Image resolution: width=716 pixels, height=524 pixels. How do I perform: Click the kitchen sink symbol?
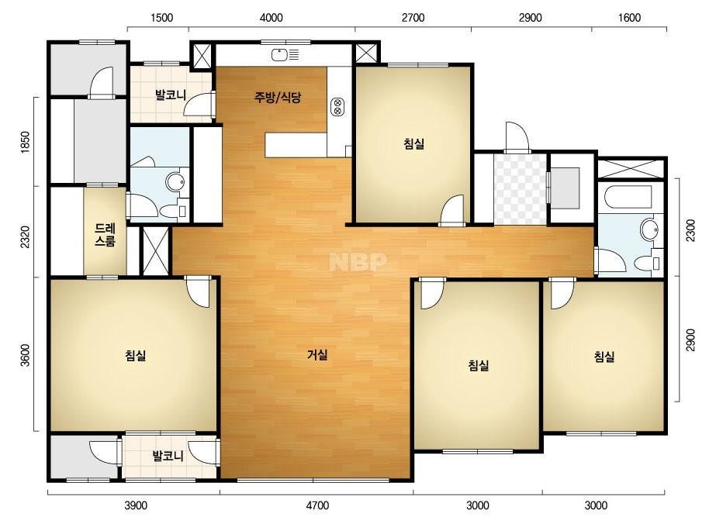tap(285, 55)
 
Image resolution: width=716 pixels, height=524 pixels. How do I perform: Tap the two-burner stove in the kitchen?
tap(338, 106)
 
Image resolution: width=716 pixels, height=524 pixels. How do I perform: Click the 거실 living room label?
tap(317, 355)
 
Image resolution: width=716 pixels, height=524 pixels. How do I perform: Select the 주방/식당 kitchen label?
tap(278, 97)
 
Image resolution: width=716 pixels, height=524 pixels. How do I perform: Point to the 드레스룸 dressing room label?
tap(105, 235)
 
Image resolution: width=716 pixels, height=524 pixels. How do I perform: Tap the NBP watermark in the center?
tap(358, 261)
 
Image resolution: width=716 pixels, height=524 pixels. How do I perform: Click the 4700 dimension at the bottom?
tap(317, 505)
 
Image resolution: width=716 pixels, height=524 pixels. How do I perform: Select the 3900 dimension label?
tap(136, 505)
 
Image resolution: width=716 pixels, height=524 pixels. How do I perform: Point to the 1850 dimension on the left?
tap(26, 143)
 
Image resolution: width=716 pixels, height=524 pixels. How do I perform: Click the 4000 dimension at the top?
tap(272, 18)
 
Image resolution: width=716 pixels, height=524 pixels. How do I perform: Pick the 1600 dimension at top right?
tap(629, 18)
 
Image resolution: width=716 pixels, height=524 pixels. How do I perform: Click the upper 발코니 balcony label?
tap(171, 95)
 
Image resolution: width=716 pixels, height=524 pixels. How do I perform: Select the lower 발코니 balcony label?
tap(168, 456)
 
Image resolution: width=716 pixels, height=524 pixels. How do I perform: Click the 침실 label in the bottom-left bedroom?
tap(136, 355)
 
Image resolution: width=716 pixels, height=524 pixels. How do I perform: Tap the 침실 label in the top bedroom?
tap(414, 143)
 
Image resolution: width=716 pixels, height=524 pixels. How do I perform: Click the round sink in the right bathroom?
tap(649, 229)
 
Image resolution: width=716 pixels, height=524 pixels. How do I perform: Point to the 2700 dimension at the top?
tap(413, 18)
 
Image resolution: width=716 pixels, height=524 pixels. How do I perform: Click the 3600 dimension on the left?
tap(26, 355)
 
